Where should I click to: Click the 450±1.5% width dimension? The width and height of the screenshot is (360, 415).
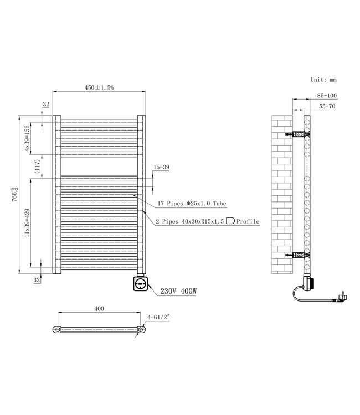coord(100,87)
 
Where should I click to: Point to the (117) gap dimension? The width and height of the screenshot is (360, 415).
coord(38,167)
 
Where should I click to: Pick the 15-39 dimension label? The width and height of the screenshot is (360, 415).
coord(161,167)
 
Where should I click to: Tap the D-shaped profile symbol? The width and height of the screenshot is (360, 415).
coord(230,221)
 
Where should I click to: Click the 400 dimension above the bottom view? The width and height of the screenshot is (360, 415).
coord(100,309)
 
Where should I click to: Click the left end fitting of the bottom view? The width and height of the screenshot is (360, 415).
coord(58,331)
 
